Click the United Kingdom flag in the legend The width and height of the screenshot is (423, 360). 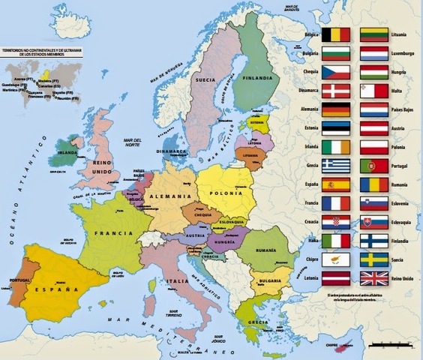[x=374, y=278]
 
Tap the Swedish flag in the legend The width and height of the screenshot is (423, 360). [x=374, y=259]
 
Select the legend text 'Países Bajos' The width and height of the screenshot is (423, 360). [x=406, y=110]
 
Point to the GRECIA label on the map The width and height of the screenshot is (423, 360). [x=259, y=322]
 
